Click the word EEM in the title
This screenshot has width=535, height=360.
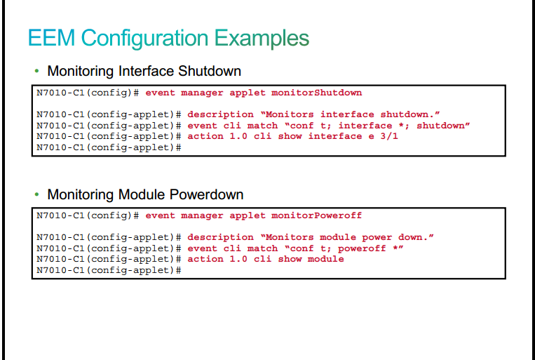(x=51, y=38)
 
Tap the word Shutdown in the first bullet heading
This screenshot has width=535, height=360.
(x=210, y=71)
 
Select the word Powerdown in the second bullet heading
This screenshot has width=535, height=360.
(x=206, y=194)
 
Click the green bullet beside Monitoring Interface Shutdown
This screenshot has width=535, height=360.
(x=37, y=71)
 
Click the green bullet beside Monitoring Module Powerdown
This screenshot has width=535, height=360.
(x=37, y=194)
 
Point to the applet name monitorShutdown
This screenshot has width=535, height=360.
(x=317, y=93)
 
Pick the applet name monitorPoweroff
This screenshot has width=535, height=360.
(x=317, y=215)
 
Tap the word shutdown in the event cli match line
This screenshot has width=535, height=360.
(x=440, y=126)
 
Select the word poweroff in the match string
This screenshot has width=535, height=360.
(x=362, y=248)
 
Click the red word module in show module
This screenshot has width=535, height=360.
(x=326, y=259)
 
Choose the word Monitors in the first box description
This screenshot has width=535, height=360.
(x=290, y=114)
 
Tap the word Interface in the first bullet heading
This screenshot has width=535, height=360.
(x=147, y=71)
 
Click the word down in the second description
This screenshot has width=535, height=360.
(x=413, y=237)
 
